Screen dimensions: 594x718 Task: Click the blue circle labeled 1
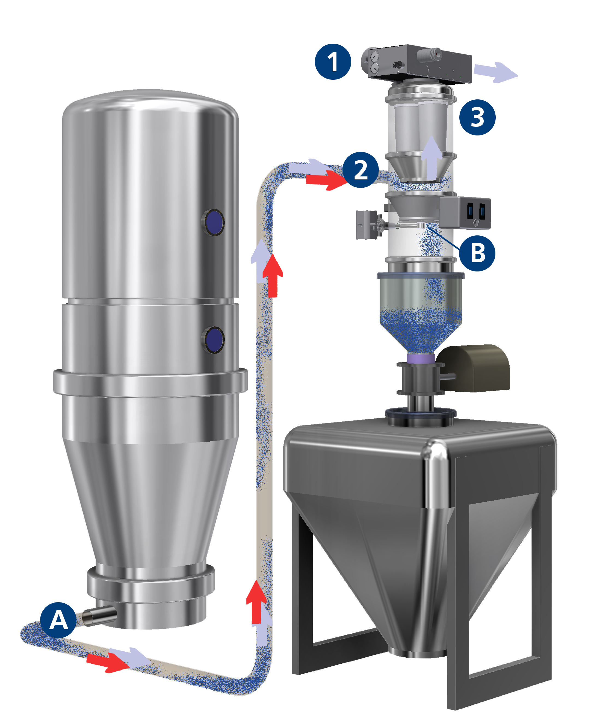[x=333, y=62]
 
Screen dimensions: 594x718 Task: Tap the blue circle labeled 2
[x=360, y=170]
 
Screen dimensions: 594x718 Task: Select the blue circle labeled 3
[x=477, y=117]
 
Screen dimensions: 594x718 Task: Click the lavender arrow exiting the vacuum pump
[x=495, y=72]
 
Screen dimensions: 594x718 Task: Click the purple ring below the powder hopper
[x=421, y=358]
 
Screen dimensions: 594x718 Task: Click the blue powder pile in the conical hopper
[x=421, y=330]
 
